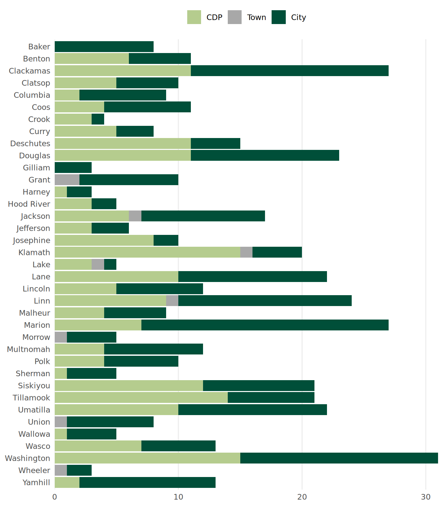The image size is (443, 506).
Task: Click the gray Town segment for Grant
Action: pos(67,180)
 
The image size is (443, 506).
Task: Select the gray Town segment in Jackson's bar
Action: pos(135,216)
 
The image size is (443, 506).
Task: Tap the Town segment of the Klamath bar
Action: pos(246,252)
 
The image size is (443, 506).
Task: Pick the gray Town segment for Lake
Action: pos(98,265)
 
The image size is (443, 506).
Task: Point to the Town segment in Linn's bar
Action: pos(172,301)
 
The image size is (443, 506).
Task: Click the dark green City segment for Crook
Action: pos(98,119)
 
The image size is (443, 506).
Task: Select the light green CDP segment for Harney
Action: pos(61,192)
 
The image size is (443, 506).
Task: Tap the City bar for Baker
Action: pos(104,47)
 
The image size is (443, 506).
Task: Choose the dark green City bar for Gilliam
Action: pos(73,168)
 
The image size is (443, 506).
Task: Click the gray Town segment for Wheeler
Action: pos(61,470)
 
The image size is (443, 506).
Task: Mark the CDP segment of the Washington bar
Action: pos(147,458)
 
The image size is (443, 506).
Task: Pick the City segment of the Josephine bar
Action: pos(166,240)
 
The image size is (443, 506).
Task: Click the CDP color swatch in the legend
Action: pos(194,17)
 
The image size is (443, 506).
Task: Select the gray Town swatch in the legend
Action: pos(235,17)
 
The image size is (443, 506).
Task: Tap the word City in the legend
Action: pos(298,17)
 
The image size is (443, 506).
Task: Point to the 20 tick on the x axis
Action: pos(302,497)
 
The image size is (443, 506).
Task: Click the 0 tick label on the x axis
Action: pos(55,497)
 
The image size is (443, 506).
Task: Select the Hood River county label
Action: pos(29,204)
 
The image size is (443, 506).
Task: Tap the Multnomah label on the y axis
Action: pos(28,349)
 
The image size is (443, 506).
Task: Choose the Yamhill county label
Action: pos(36,483)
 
